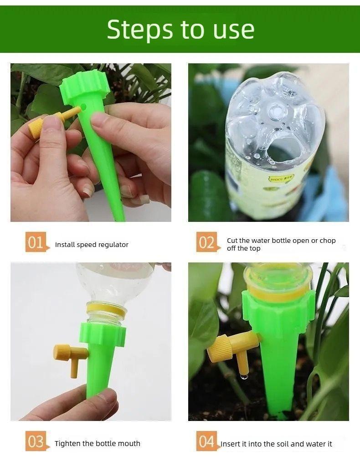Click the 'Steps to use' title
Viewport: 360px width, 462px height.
pos(180,29)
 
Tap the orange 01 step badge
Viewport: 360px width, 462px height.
pos(36,242)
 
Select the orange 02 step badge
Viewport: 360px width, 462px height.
pos(206,242)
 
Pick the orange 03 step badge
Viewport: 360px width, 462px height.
pos(36,441)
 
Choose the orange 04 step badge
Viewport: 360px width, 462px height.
pos(206,441)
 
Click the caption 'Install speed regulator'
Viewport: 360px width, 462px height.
pos(92,245)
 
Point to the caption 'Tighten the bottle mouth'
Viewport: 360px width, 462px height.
pos(98,443)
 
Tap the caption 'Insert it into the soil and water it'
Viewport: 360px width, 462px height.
pos(277,444)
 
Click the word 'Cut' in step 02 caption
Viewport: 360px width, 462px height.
pos(232,241)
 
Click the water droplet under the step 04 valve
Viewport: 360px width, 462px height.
pos(245,376)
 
